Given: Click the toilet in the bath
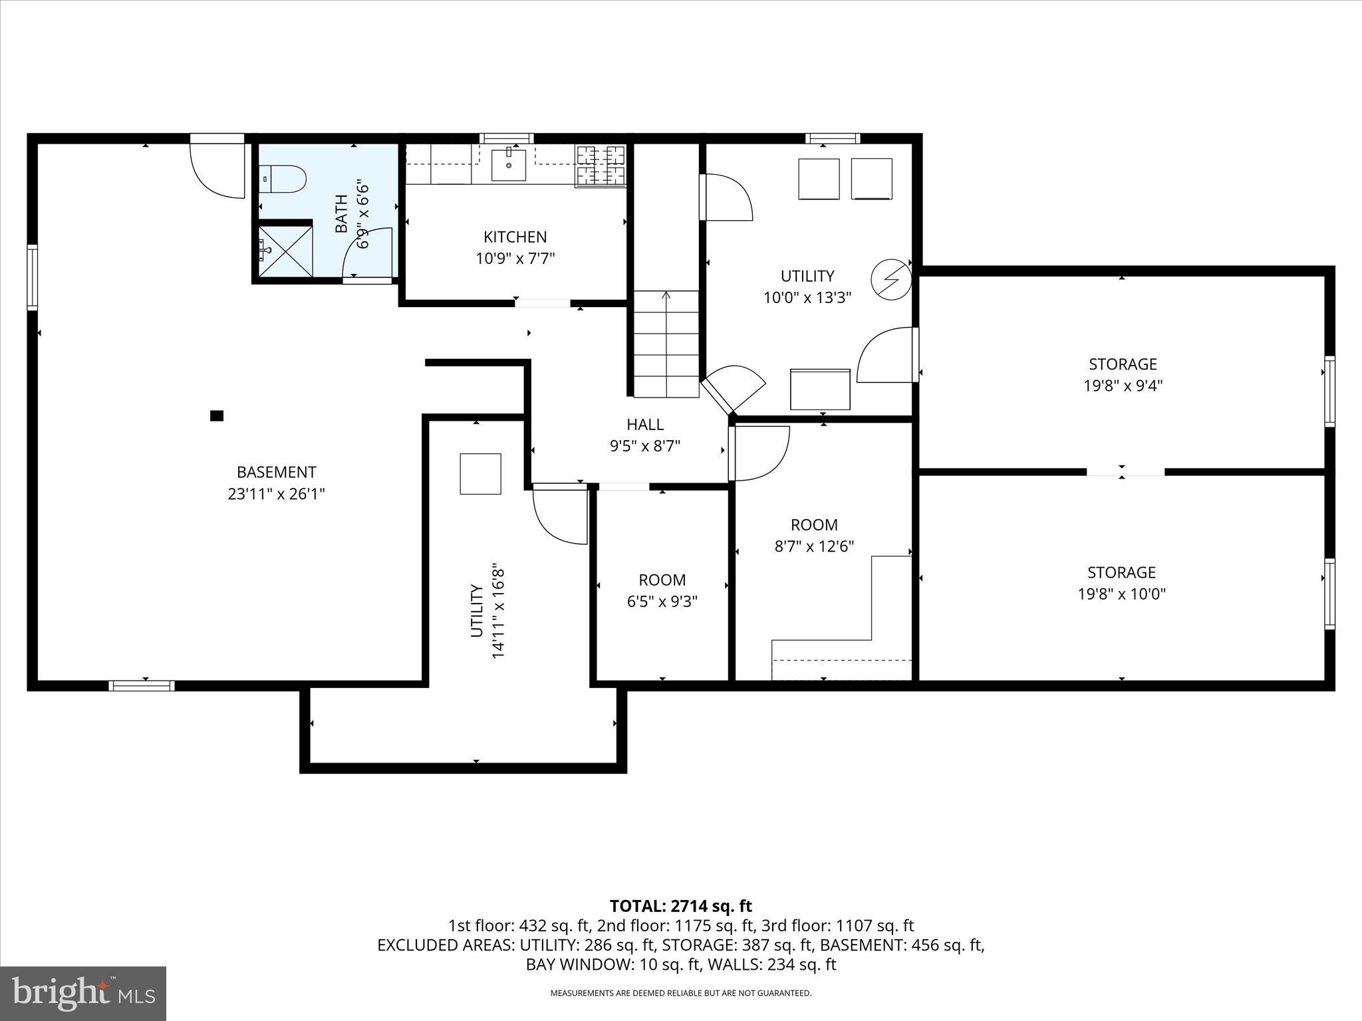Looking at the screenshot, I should coord(284,179).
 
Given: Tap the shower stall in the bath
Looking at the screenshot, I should coord(285,251).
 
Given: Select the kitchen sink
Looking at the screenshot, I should coord(509,165).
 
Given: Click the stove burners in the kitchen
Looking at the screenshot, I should coord(601,166).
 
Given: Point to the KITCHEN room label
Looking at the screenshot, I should coord(515,237).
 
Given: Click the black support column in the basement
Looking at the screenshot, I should coord(217,416).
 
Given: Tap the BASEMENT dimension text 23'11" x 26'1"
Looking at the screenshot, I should coord(276,494).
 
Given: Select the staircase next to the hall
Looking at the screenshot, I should coord(666,344).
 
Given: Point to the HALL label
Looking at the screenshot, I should coord(645,424).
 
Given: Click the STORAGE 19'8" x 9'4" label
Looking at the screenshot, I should coord(1123,374).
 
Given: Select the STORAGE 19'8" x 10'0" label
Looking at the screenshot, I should coord(1121,583).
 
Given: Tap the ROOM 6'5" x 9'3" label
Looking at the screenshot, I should coord(662,590).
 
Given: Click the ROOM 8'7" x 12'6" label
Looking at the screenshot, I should coord(814,535).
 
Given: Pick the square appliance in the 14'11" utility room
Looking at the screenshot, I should coord(480,473).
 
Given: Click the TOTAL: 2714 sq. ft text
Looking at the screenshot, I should coord(680,906).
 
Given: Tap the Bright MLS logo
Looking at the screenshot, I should coord(83,993).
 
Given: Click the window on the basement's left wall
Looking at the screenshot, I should coord(32,277).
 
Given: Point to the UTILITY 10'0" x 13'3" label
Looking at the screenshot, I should coord(807,286).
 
